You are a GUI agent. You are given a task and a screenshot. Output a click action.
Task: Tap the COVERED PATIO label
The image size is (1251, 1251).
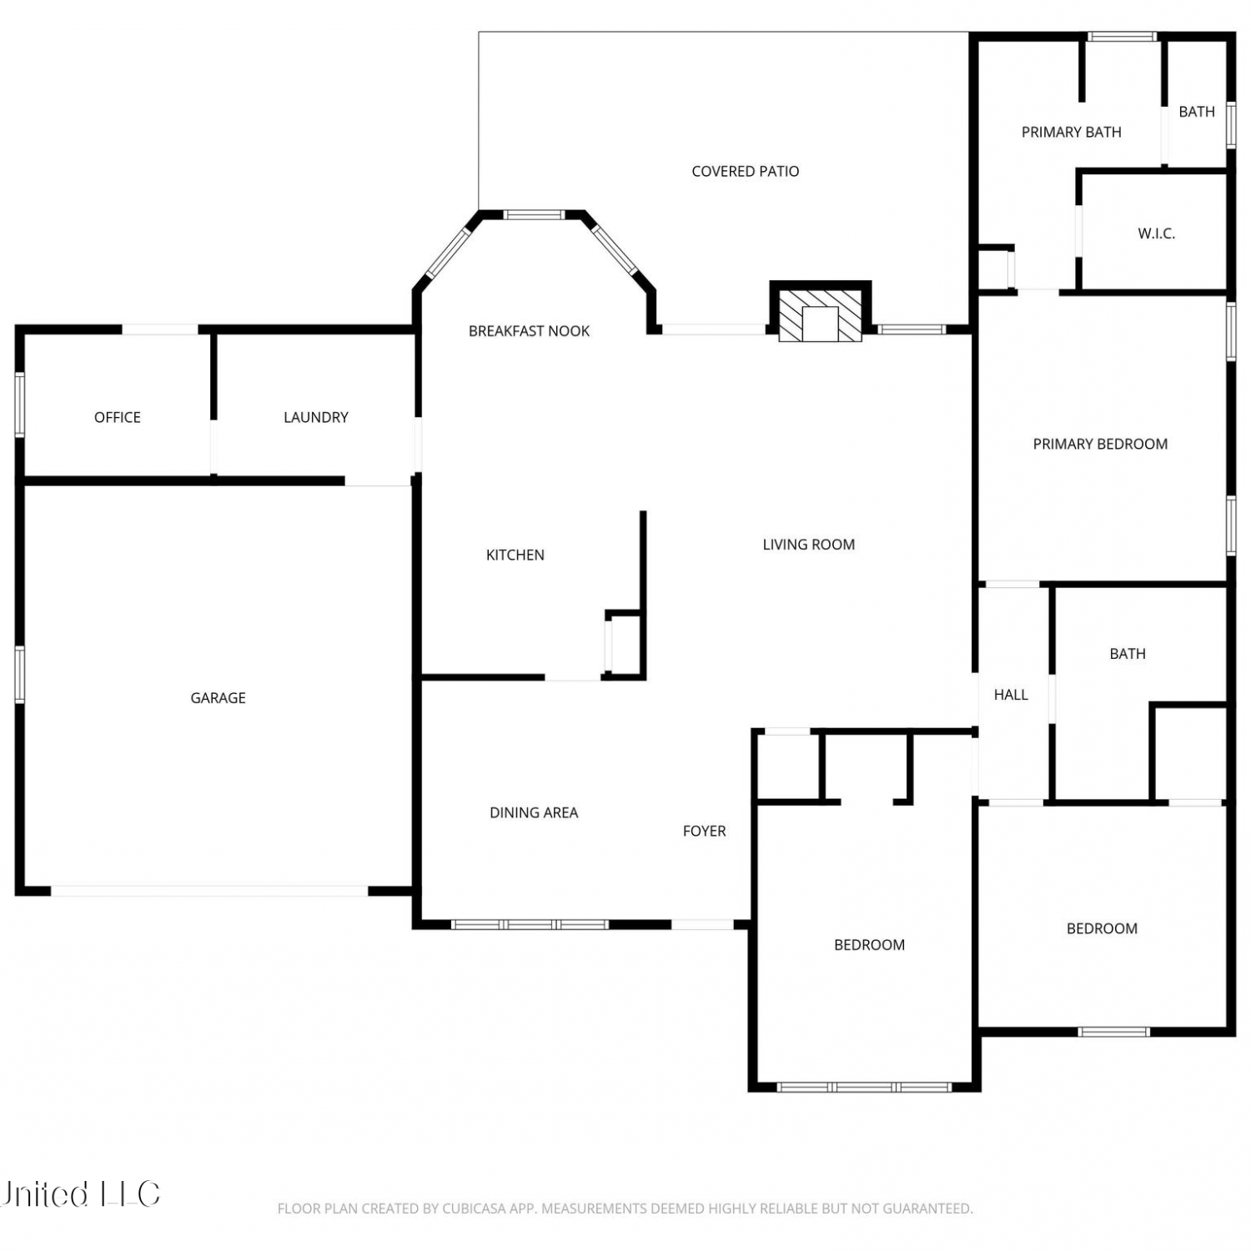click(x=746, y=172)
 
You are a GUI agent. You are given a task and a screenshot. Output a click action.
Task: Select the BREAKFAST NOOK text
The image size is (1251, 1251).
click(x=529, y=331)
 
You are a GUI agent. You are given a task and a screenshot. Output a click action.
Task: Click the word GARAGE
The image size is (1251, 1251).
click(x=218, y=698)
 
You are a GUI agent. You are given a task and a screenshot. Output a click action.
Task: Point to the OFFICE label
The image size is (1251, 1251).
click(x=118, y=417)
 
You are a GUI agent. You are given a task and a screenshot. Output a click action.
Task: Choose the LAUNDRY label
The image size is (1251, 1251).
click(x=316, y=417)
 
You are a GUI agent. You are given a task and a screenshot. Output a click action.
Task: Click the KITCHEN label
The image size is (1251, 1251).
click(x=515, y=555)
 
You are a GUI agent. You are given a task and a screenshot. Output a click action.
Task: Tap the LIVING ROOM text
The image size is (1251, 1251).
click(x=809, y=545)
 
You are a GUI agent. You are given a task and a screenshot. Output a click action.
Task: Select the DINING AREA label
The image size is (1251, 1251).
click(x=534, y=812)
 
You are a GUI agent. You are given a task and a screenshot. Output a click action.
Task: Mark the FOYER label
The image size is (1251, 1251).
click(x=705, y=831)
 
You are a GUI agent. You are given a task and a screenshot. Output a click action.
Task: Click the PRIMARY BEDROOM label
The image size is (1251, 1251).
click(x=1100, y=445)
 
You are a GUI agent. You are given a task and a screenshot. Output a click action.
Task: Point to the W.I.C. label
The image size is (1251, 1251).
click(x=1157, y=234)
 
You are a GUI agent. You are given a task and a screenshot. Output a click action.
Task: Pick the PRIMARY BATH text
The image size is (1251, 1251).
click(x=1072, y=132)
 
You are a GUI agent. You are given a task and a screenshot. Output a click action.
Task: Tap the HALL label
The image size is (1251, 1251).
click(x=1011, y=695)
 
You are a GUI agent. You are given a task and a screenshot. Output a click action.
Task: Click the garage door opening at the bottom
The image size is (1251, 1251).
click(x=209, y=892)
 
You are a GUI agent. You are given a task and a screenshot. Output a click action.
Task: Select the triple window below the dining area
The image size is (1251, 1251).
click(x=530, y=924)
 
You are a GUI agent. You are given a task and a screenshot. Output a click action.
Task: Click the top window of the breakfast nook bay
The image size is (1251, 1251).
click(x=535, y=215)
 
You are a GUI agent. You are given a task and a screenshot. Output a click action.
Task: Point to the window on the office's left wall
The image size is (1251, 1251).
click(x=20, y=404)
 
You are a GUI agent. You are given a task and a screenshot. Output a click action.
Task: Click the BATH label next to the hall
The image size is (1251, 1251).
click(x=1128, y=654)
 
